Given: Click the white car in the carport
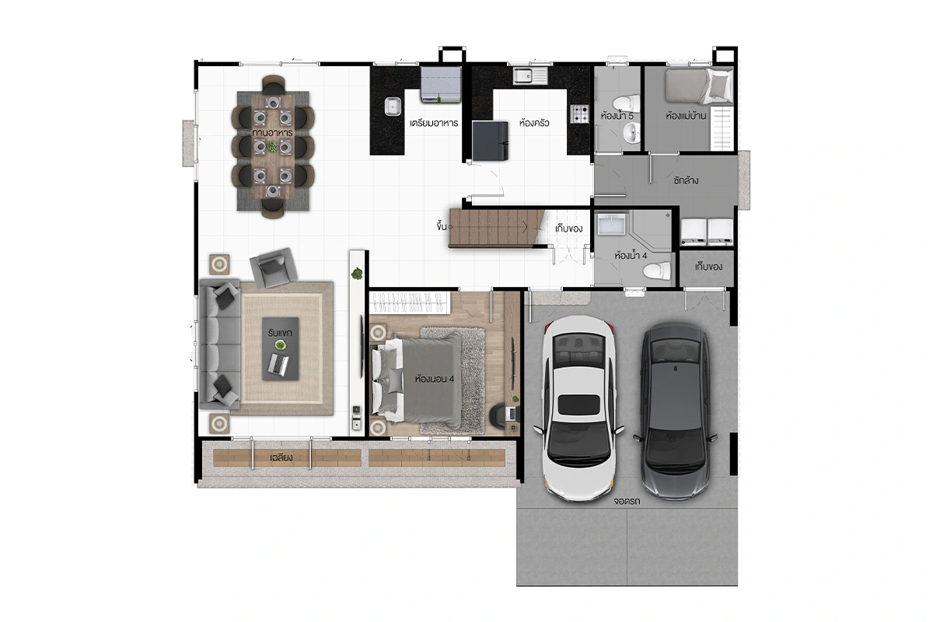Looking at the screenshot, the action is click(579, 408).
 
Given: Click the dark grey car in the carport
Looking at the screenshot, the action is click(675, 411).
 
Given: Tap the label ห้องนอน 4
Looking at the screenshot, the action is click(434, 379).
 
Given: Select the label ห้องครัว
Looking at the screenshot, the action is click(534, 123).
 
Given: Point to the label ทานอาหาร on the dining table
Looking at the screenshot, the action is click(272, 132).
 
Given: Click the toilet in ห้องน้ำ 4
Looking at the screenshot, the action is click(657, 271).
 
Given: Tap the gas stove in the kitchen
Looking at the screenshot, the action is click(579, 114).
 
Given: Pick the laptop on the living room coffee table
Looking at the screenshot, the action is click(278, 364).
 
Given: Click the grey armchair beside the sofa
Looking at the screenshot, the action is click(273, 268).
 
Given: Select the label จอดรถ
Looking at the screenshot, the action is click(627, 501).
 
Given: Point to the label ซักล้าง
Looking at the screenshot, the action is click(686, 180).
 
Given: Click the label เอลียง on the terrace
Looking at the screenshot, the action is click(281, 457).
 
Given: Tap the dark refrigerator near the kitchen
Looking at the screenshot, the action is click(491, 141).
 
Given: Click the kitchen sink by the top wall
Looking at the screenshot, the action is click(530, 76).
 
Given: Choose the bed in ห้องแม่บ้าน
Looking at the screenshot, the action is click(698, 86).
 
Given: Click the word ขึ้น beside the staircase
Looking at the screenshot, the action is click(442, 226).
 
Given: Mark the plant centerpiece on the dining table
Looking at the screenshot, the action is click(272, 147).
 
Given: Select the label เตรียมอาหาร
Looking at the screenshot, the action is click(434, 123).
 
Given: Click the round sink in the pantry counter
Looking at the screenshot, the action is click(393, 107).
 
